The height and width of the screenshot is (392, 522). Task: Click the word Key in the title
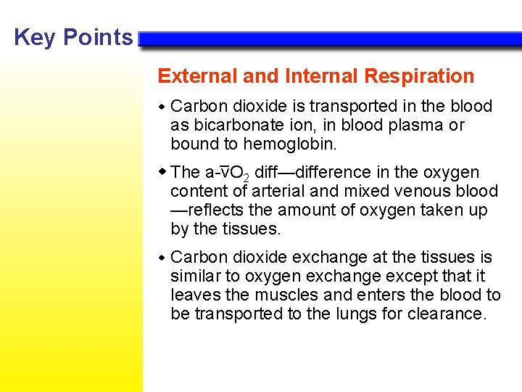coord(33,37)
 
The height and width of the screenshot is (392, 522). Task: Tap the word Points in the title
coord(99,37)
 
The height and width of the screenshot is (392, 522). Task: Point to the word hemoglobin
coord(290,144)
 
